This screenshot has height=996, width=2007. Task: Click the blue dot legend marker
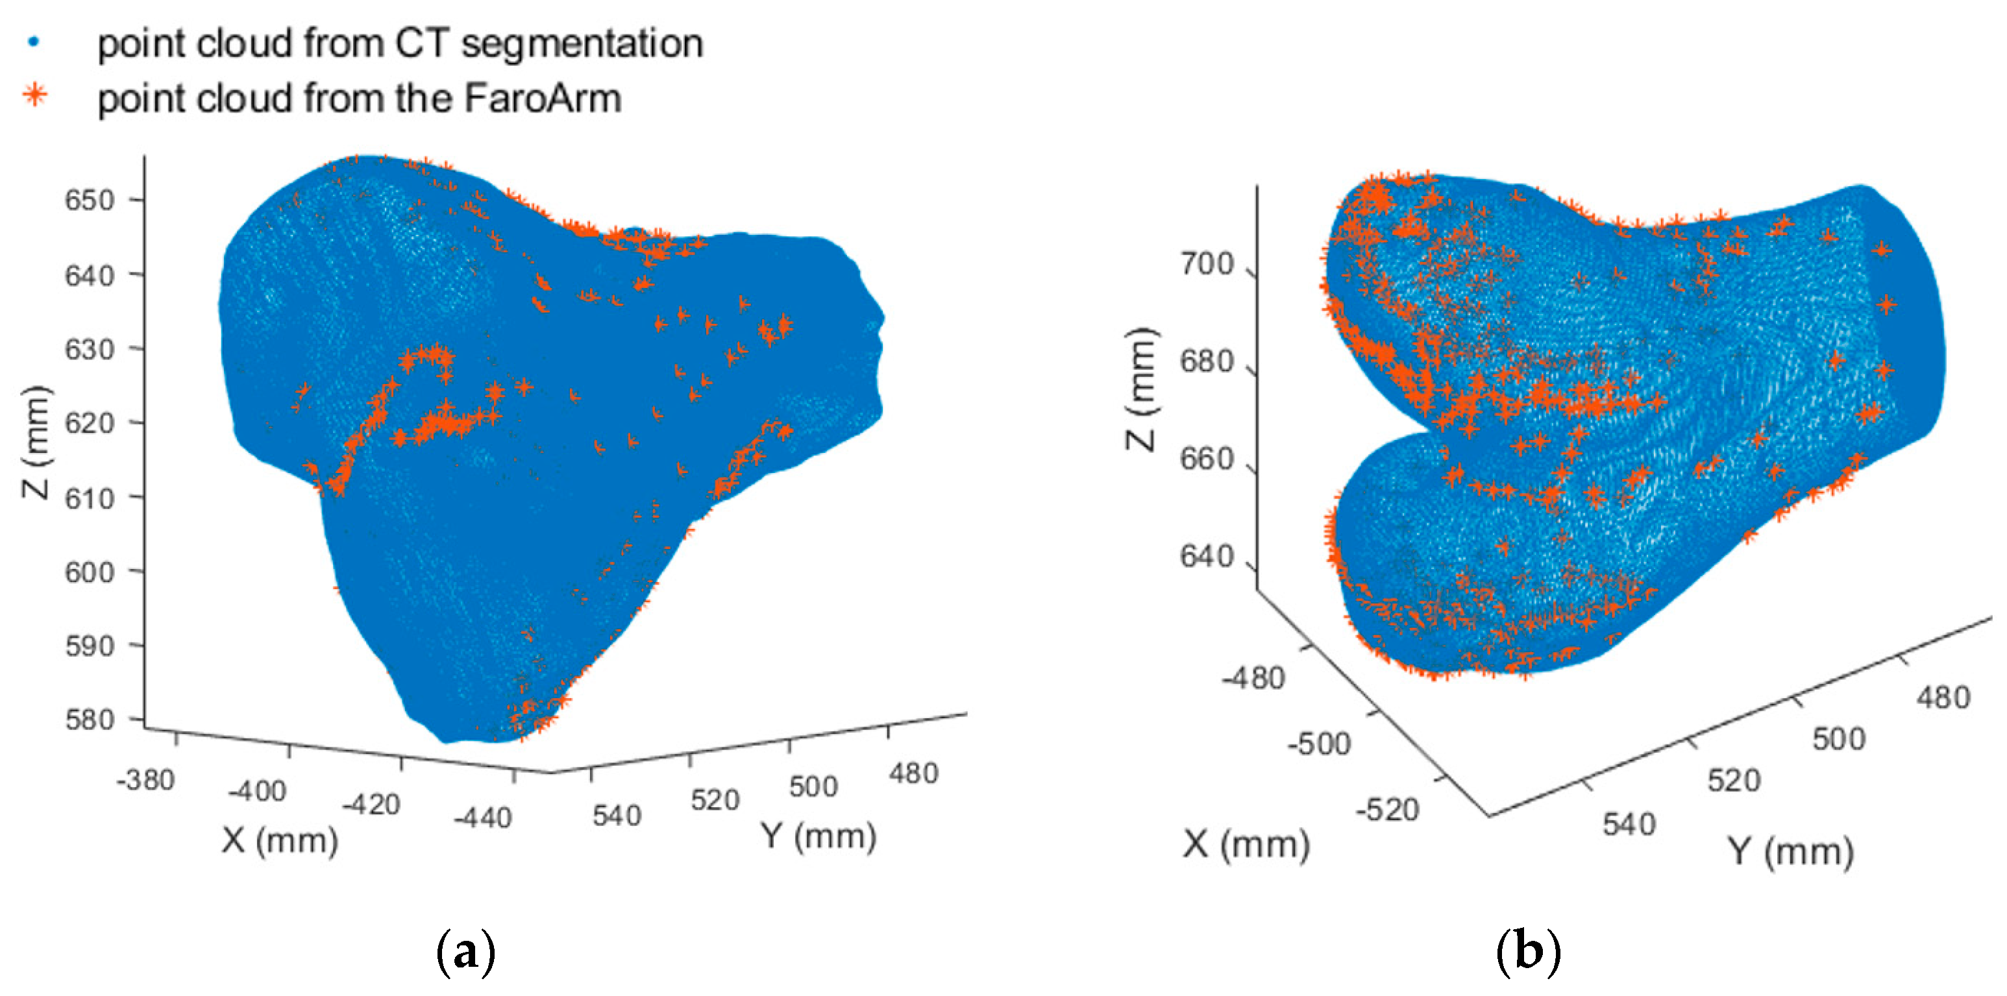click(x=34, y=42)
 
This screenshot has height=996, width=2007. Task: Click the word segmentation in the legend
click(x=582, y=43)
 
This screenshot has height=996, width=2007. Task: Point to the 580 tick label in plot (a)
click(x=89, y=720)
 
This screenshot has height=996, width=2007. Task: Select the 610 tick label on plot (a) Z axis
click(x=89, y=498)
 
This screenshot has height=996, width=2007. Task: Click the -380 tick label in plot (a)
click(x=145, y=779)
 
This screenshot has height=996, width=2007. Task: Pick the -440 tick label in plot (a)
click(x=483, y=818)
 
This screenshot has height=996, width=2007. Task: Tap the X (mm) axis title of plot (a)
click(x=280, y=840)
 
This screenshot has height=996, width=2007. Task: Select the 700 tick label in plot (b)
click(x=1207, y=265)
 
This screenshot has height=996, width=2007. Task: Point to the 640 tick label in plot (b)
click(x=1207, y=557)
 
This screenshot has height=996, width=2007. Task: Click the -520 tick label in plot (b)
click(x=1387, y=810)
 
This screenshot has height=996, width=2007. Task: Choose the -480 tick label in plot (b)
click(x=1253, y=678)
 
